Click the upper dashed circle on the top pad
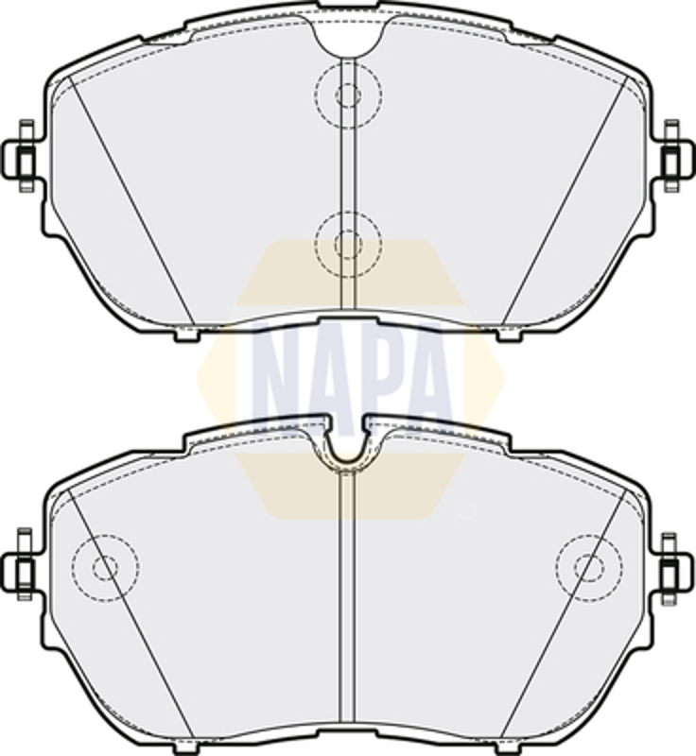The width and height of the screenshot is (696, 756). pos(349,62)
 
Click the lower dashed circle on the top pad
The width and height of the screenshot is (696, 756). pos(348,212)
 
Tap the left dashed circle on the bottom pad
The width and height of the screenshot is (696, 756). pos(106,534)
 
